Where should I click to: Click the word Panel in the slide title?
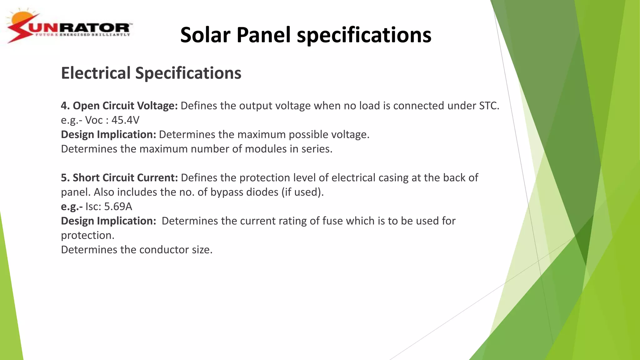[263, 35]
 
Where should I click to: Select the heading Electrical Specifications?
[151, 73]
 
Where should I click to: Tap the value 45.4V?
[125, 120]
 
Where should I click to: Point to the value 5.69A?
[118, 207]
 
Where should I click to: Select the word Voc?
[94, 120]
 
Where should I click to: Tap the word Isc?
[93, 207]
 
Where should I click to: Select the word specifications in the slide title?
[364, 35]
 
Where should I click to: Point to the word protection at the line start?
[87, 235]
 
